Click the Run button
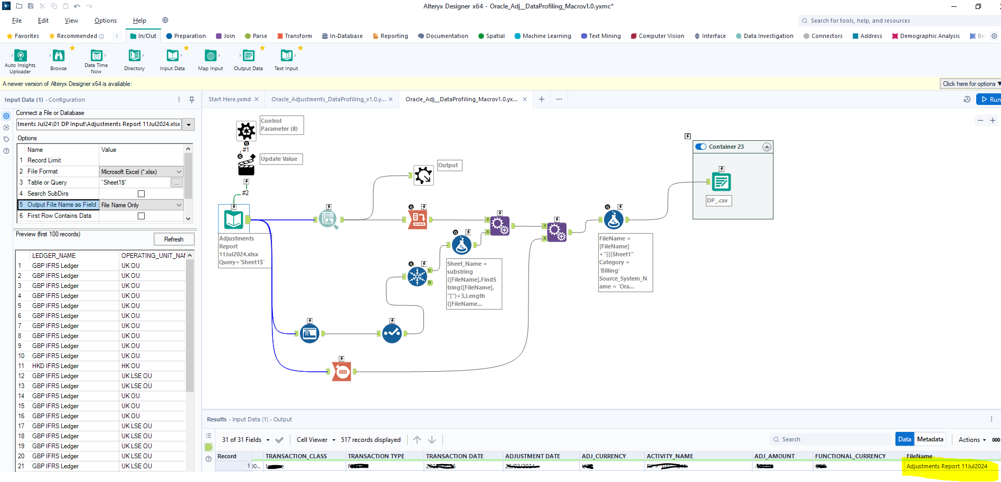pyautogui.click(x=989, y=99)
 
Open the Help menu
pyautogui.click(x=139, y=21)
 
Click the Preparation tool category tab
pyautogui.click(x=186, y=36)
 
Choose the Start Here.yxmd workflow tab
pyautogui.click(x=230, y=99)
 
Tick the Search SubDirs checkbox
pyautogui.click(x=141, y=194)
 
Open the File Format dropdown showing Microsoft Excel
pyautogui.click(x=141, y=171)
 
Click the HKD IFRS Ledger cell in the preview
pyautogui.click(x=55, y=366)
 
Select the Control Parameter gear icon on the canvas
pyautogui.click(x=246, y=130)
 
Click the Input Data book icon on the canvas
pyautogui.click(x=234, y=219)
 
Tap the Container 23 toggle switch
pyautogui.click(x=701, y=147)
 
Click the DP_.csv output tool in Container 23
pyautogui.click(x=721, y=182)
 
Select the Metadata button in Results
pyautogui.click(x=930, y=439)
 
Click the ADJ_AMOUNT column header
pyautogui.click(x=774, y=456)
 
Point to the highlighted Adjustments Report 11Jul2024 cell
pyautogui.click(x=946, y=466)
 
